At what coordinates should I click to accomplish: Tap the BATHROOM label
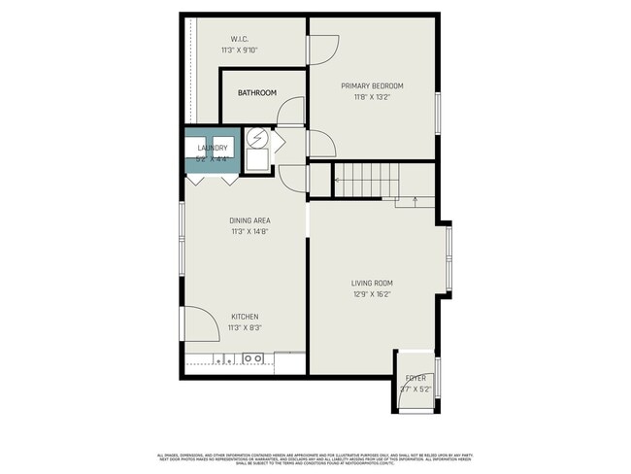click(257, 93)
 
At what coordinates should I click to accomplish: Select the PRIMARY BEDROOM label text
click(372, 85)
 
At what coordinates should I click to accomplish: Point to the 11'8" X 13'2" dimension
click(372, 97)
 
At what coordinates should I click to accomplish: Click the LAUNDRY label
click(212, 148)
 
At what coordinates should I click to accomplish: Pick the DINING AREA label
click(249, 220)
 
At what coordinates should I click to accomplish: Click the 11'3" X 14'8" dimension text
click(249, 232)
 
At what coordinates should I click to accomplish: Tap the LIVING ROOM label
click(372, 284)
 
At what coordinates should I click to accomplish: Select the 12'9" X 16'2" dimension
click(372, 295)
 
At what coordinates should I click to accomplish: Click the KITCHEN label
click(245, 317)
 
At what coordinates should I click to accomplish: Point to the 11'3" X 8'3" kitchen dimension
click(245, 328)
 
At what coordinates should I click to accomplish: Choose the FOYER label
click(415, 378)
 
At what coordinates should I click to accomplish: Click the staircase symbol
click(370, 180)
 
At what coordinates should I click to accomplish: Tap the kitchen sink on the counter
click(254, 358)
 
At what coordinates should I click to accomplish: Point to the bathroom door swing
click(292, 112)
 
